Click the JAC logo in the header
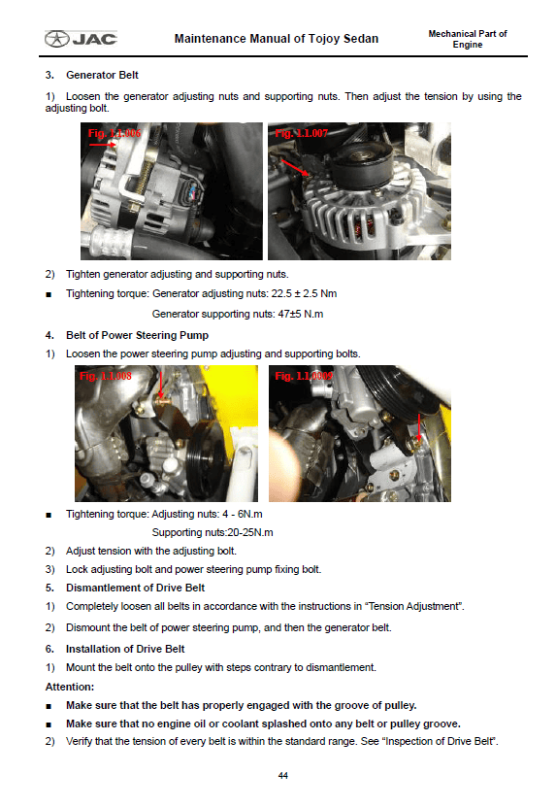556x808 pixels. (x=81, y=39)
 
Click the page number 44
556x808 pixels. (x=282, y=776)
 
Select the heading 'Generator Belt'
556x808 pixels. (x=102, y=75)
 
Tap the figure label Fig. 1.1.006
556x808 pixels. (x=114, y=133)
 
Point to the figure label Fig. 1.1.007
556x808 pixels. (x=301, y=133)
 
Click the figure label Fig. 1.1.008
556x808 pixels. (x=106, y=376)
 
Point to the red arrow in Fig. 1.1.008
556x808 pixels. (x=161, y=385)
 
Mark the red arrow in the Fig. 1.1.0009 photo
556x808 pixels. (x=419, y=427)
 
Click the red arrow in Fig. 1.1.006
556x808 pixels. (x=103, y=145)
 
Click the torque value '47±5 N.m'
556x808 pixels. (x=301, y=314)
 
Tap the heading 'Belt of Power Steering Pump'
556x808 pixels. (x=137, y=335)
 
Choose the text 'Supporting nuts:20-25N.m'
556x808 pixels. (x=213, y=532)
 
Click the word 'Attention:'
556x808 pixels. (x=70, y=687)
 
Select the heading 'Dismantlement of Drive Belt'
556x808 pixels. (x=135, y=588)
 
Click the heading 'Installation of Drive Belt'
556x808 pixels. (x=125, y=650)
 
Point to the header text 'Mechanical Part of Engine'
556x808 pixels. (x=468, y=39)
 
